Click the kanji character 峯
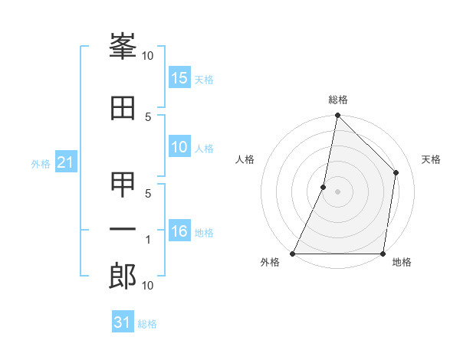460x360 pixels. pyautogui.click(x=123, y=49)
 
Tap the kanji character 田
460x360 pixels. pyautogui.click(x=123, y=109)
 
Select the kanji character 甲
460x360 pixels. pyautogui.click(x=123, y=185)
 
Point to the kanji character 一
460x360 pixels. pyautogui.click(x=123, y=231)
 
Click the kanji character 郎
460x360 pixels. pyautogui.click(x=123, y=277)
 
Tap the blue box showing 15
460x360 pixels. pyautogui.click(x=179, y=78)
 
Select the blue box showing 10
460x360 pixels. pyautogui.click(x=179, y=148)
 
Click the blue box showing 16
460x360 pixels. pyautogui.click(x=179, y=231)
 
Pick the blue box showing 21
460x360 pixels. pyautogui.click(x=66, y=163)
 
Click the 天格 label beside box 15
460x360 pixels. pyautogui.click(x=204, y=79)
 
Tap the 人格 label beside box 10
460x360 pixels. pyautogui.click(x=204, y=149)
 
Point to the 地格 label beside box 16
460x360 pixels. pyautogui.click(x=204, y=232)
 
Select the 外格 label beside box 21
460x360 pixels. pyautogui.click(x=41, y=164)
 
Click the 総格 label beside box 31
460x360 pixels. pyautogui.click(x=147, y=323)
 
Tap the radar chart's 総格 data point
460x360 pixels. pyautogui.click(x=337, y=115)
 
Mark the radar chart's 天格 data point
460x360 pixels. pyautogui.click(x=396, y=172)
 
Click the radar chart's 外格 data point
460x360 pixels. pyautogui.click(x=293, y=254)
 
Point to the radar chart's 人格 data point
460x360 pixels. pyautogui.click(x=324, y=187)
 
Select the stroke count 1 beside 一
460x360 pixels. pyautogui.click(x=147, y=241)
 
